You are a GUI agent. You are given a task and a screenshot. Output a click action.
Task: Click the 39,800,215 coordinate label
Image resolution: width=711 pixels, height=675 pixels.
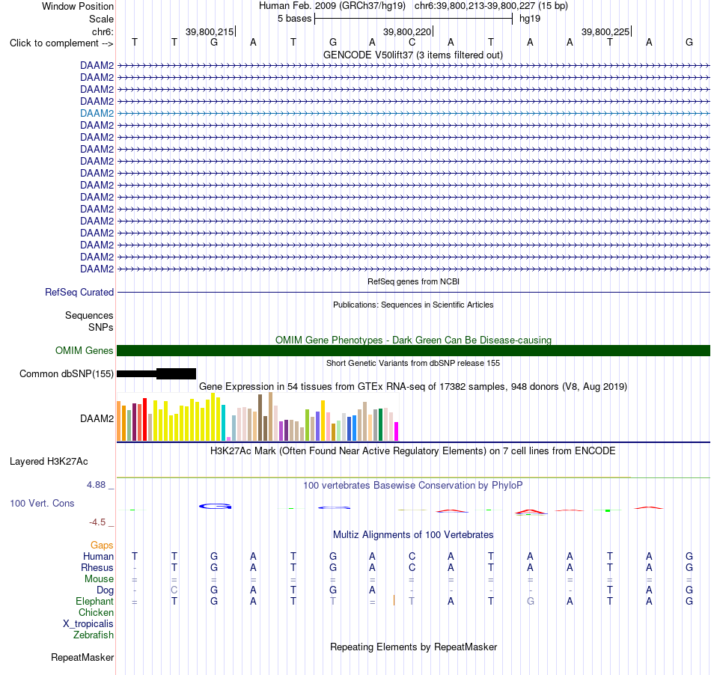[210, 31]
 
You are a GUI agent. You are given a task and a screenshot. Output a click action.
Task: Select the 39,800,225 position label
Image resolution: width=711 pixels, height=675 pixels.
[605, 31]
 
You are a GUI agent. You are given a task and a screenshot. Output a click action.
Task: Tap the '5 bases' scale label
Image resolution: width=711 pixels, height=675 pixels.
[295, 19]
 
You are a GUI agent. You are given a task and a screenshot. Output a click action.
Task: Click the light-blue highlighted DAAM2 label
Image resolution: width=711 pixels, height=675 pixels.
[97, 113]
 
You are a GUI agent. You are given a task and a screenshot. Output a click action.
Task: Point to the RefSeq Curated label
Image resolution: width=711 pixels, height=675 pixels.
[79, 293]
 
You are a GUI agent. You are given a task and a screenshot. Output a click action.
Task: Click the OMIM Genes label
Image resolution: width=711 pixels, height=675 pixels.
[85, 350]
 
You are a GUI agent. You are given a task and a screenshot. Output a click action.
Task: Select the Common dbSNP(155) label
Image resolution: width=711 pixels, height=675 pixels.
[67, 374]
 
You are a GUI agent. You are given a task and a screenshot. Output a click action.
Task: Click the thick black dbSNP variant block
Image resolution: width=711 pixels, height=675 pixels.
[176, 373]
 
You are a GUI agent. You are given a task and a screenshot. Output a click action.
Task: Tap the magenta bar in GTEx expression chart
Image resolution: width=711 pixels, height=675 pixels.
[397, 431]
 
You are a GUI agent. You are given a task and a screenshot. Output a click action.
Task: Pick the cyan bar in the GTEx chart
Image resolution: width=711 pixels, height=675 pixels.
[223, 423]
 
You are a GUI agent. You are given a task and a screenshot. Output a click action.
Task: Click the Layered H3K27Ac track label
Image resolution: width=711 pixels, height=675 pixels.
[49, 462]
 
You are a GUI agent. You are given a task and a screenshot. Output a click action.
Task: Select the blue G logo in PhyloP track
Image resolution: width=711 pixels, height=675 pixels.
[216, 507]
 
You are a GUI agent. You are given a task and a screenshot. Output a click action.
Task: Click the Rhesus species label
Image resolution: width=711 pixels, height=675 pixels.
[97, 567]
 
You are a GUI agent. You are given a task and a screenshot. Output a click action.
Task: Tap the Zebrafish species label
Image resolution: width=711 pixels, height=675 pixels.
[94, 635]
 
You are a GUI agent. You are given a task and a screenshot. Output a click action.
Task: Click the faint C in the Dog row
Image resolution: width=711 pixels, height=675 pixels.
[174, 590]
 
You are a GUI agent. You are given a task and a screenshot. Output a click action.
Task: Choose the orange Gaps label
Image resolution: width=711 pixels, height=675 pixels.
[102, 546]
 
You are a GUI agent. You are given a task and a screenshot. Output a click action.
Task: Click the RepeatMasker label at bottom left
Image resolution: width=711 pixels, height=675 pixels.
[82, 657]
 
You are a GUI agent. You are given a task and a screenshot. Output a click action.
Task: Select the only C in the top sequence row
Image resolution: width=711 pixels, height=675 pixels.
[412, 43]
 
